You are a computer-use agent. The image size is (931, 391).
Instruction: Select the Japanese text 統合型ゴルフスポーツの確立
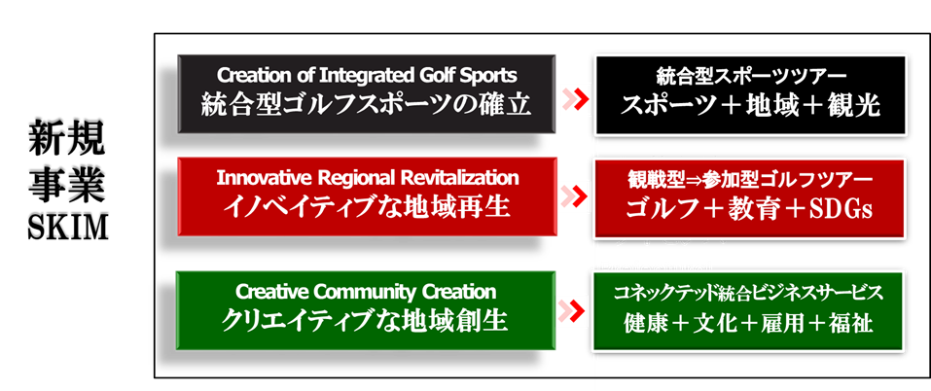coord(367,103)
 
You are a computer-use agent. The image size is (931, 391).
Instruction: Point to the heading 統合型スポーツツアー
coord(751,76)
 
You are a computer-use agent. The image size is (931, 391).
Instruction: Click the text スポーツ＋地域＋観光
coord(751,105)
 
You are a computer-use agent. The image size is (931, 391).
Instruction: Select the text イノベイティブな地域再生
coord(367,207)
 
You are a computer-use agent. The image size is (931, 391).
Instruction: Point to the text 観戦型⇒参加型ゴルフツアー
coord(751,180)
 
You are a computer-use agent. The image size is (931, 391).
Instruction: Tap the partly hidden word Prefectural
coord(656,265)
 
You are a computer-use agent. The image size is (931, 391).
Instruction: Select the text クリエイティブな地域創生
coord(367,320)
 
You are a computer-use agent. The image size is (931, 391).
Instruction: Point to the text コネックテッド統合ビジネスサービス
coord(749,293)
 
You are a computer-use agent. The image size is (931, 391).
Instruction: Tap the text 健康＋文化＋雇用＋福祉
coord(749,323)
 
